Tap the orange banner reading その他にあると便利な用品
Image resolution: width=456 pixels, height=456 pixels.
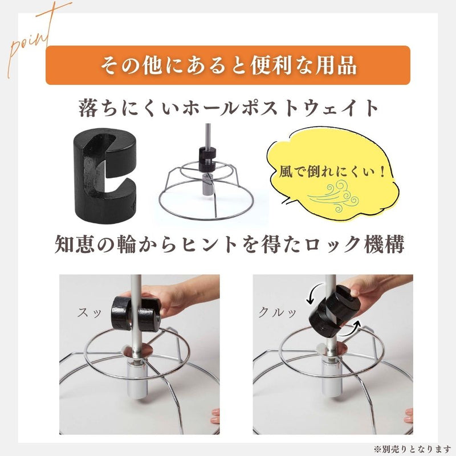tap(228, 65)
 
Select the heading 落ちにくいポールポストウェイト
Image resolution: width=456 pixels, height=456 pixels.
tap(228, 108)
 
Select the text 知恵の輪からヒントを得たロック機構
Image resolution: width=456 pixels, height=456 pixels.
tap(228, 245)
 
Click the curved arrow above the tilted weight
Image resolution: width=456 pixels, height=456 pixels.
tap(311, 295)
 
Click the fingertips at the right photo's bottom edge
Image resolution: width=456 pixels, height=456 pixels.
tap(408, 416)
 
